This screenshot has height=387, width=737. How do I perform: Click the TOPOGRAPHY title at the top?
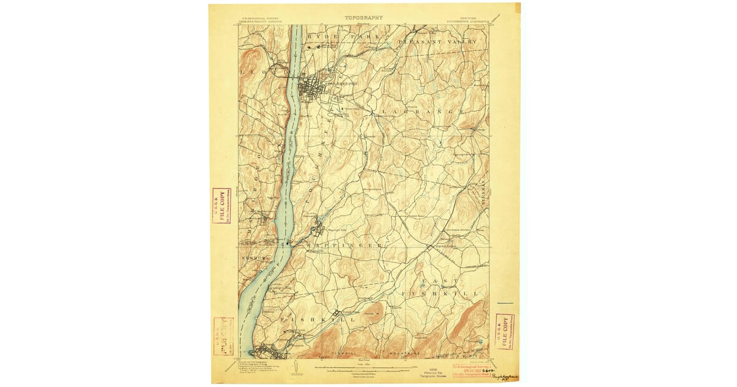363,18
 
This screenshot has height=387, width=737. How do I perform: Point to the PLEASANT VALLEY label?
437,41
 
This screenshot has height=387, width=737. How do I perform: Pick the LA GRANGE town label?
421,111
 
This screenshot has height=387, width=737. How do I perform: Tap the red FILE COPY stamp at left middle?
221,205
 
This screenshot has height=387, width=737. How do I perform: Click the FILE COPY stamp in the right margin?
505,332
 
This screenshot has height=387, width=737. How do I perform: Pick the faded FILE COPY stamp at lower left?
223,336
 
